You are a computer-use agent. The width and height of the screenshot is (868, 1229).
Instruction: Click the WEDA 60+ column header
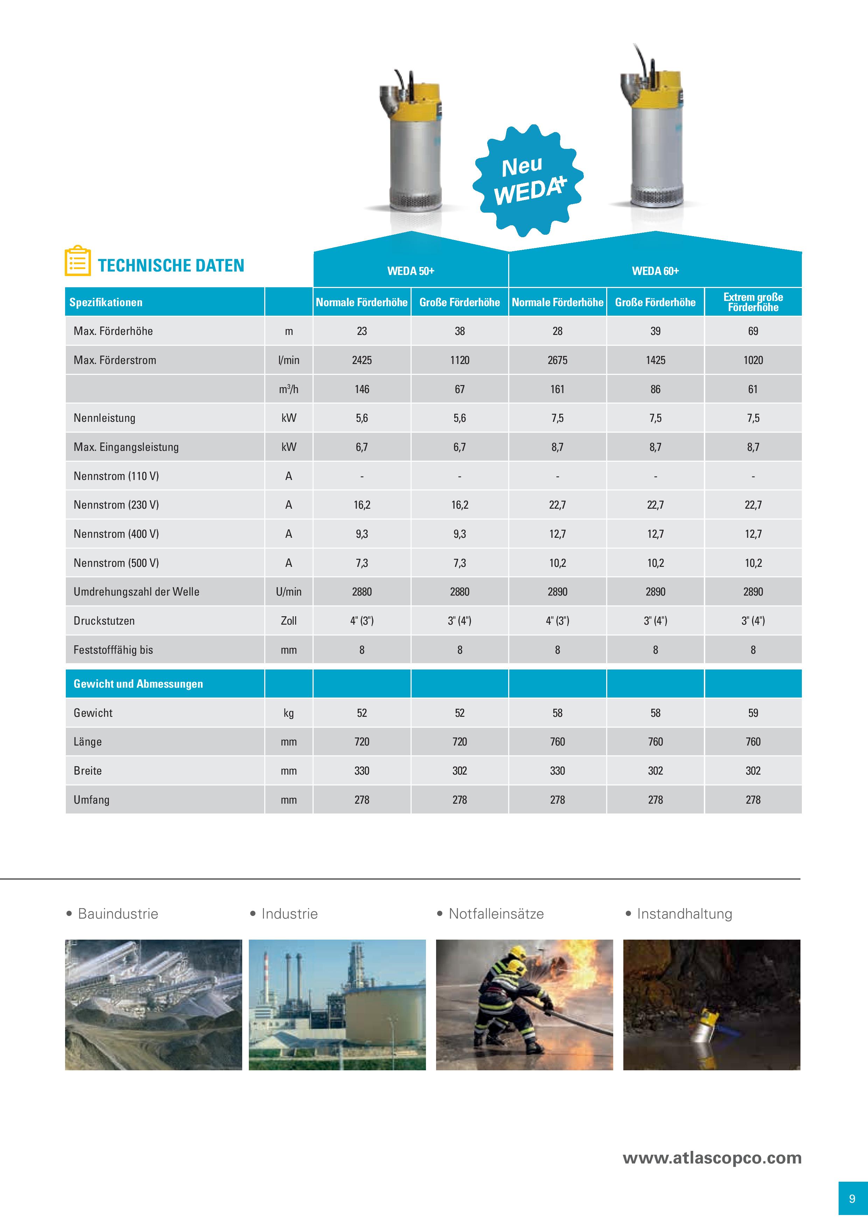tap(655, 271)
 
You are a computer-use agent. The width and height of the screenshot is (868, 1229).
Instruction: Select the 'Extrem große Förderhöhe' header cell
tap(753, 302)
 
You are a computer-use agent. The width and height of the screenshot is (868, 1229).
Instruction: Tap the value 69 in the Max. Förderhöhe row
tap(753, 331)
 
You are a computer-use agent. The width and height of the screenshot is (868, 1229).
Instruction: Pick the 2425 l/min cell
tap(362, 360)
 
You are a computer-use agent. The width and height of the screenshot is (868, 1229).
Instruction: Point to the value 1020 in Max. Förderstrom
tap(753, 360)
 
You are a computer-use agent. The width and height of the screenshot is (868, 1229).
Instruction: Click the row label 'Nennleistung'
tap(104, 418)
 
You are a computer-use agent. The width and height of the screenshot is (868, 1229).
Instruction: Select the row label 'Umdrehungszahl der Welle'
tap(136, 592)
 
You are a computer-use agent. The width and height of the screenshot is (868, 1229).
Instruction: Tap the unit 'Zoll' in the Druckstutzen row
tap(289, 621)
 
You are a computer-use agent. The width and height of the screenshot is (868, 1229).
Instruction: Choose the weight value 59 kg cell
tap(753, 713)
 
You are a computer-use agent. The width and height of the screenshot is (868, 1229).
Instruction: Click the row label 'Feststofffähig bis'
tap(113, 650)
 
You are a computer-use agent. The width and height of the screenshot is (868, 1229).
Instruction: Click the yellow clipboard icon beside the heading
tap(78, 261)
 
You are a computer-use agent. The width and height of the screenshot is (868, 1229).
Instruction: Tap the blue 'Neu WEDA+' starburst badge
tap(528, 180)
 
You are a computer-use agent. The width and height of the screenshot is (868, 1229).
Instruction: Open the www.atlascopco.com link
tap(712, 1158)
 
